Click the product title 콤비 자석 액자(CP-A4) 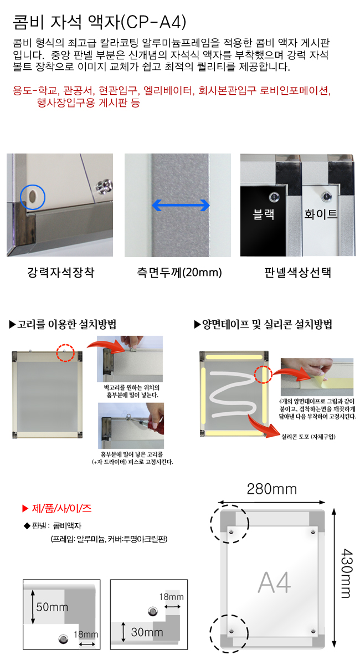(100, 22)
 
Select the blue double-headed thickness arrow (181, 205)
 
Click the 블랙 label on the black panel (263, 214)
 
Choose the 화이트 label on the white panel (321, 214)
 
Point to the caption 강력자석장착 (61, 272)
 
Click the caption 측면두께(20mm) (179, 272)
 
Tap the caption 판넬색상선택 (297, 272)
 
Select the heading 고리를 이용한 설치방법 (63, 324)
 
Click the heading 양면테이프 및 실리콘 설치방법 (263, 324)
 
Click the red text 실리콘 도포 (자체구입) (308, 437)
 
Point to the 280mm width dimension (272, 489)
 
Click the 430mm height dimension (346, 573)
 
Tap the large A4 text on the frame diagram (275, 582)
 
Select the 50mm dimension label (52, 607)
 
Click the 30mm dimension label (147, 632)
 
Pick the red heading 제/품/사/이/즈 (57, 509)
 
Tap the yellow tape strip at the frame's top (234, 356)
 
